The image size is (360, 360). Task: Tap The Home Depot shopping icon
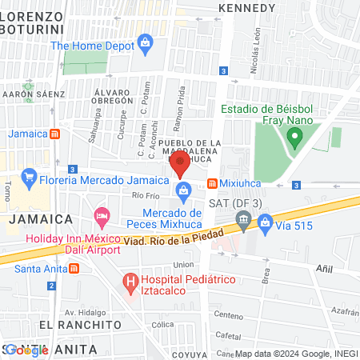(145, 42)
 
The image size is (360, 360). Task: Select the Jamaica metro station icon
(54, 134)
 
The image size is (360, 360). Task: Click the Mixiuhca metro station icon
(212, 182)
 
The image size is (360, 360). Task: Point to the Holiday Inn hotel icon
(102, 215)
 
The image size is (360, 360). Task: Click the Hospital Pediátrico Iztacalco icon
(128, 282)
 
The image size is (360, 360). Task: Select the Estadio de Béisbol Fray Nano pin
(294, 138)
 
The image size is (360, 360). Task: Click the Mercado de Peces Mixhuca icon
(184, 190)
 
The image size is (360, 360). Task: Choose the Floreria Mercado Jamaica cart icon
(29, 175)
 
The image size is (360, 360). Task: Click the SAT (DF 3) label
(236, 203)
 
